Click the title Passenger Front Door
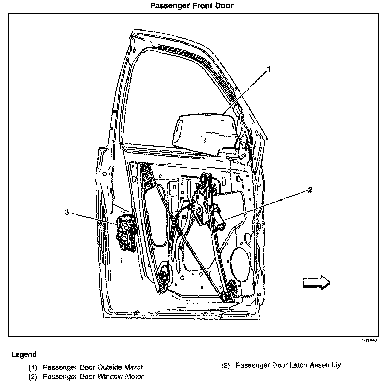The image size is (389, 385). click(x=192, y=5)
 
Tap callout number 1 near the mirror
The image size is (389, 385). click(x=269, y=69)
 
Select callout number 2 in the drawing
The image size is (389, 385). click(x=310, y=190)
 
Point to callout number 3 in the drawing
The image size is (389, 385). click(x=67, y=212)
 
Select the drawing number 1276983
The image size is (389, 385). click(x=369, y=341)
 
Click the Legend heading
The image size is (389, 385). click(x=24, y=354)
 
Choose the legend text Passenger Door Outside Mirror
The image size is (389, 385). click(x=93, y=367)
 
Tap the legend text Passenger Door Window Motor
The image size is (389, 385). click(x=93, y=376)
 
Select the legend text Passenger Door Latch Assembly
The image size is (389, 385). click(x=288, y=365)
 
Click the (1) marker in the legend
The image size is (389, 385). click(x=33, y=367)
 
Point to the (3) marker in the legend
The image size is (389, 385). click(x=226, y=365)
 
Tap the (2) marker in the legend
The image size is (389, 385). click(x=33, y=376)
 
